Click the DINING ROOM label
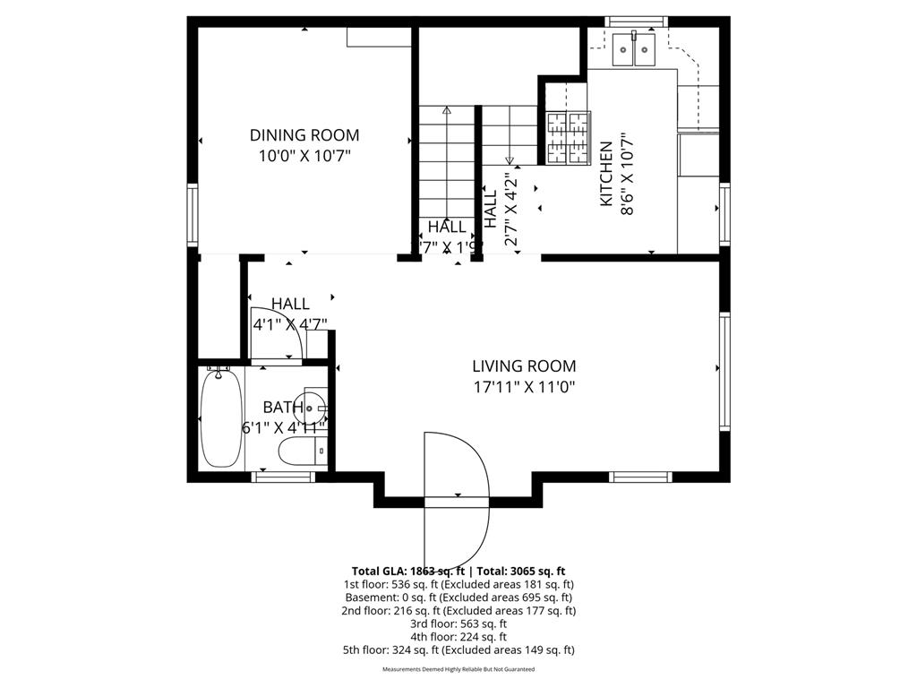pos(304,135)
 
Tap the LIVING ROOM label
pos(524,366)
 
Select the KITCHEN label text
pos(606,174)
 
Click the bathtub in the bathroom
pos(219,418)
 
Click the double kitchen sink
pos(634,50)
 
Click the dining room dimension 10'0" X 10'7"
pos(304,156)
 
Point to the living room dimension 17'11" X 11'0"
pos(524,387)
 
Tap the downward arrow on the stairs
pos(510,159)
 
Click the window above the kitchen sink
pos(636,21)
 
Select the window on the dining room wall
pos(193,214)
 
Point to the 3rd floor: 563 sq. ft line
pos(458,623)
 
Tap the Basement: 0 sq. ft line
pos(458,597)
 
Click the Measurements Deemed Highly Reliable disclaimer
pos(458,669)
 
